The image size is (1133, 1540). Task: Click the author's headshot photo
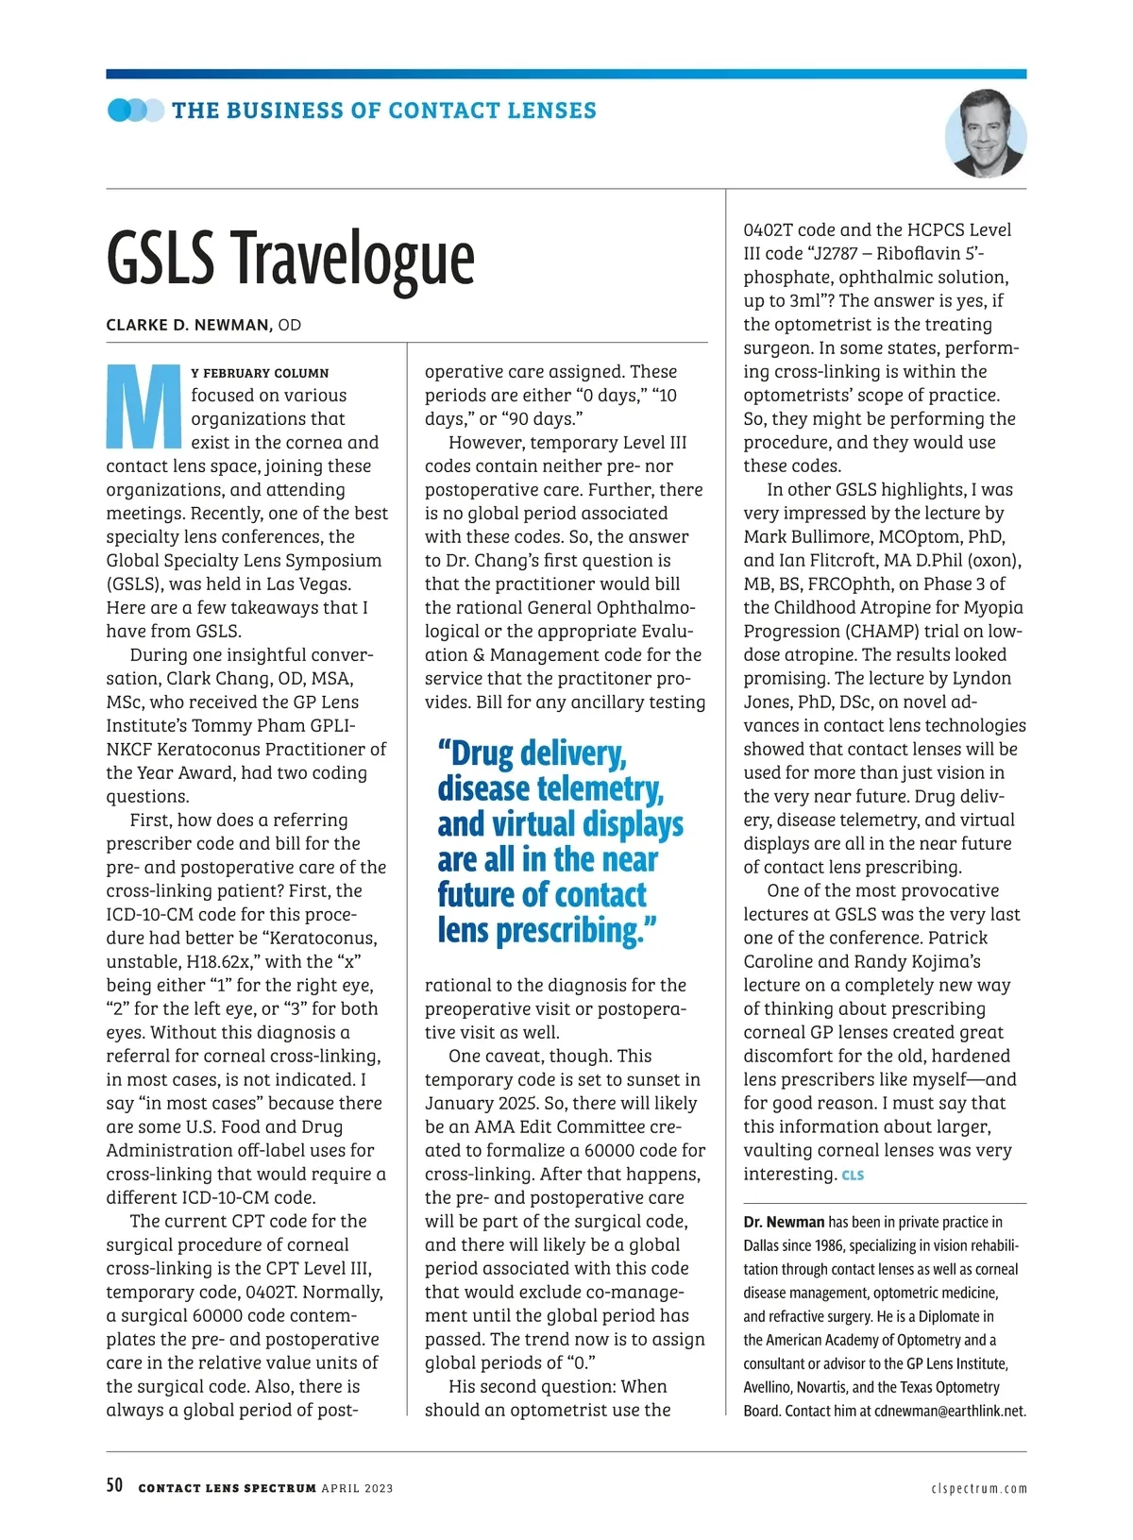click(x=985, y=134)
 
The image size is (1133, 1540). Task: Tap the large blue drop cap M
click(x=144, y=406)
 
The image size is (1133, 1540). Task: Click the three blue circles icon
click(x=135, y=110)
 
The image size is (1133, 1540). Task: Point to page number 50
click(x=114, y=1485)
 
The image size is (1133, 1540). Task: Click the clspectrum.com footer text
click(x=978, y=1489)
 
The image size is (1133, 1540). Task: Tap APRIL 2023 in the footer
click(x=357, y=1489)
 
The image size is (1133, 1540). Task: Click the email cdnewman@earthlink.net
click(x=949, y=1412)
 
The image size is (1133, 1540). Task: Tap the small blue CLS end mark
click(x=853, y=1176)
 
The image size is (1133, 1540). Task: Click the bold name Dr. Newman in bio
click(x=784, y=1222)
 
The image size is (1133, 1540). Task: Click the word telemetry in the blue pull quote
click(x=599, y=788)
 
